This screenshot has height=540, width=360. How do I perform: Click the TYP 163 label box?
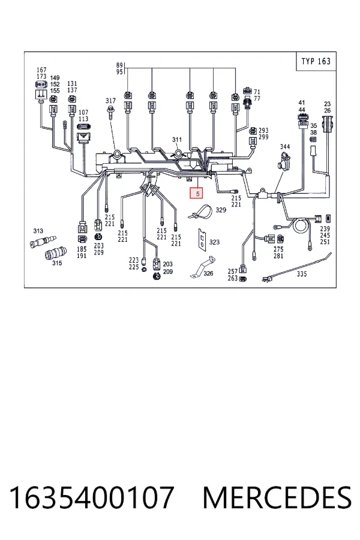316,61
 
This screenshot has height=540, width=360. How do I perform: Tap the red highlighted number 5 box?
197,194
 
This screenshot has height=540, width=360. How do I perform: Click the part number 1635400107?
92,497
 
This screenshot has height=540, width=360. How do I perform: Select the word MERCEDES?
277,497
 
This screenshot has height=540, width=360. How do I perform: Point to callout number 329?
221,210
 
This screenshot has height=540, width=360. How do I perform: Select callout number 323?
214,242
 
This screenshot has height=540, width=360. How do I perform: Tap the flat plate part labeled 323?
202,238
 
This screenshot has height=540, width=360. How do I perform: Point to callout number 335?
302,274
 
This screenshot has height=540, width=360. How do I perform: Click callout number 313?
38,231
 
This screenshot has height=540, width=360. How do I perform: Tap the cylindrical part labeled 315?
53,254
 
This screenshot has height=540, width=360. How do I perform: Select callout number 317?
110,101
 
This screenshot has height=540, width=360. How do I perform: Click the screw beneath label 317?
110,112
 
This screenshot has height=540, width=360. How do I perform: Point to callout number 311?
177,139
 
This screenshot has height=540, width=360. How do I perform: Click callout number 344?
285,146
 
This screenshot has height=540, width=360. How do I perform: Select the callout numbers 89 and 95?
119,68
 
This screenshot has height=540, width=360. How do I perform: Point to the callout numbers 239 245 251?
325,235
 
